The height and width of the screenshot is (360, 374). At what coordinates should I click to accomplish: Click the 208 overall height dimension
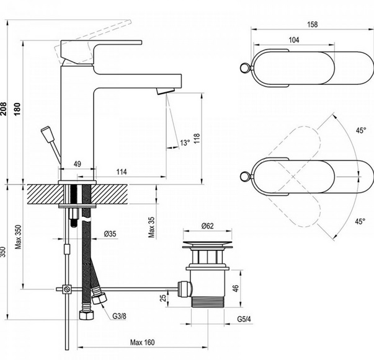click(x=4, y=109)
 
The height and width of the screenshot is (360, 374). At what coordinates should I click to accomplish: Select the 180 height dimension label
click(x=17, y=109)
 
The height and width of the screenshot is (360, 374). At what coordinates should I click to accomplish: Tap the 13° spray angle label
click(x=185, y=143)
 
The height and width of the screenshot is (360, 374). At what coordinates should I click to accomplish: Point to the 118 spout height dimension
click(x=197, y=138)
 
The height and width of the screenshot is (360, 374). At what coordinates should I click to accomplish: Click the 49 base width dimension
click(x=78, y=164)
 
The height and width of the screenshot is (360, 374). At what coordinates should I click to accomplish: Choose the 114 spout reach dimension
click(x=122, y=172)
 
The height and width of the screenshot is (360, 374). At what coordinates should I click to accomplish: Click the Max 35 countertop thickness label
click(x=151, y=227)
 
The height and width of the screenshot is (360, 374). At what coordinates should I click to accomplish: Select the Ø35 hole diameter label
click(x=110, y=234)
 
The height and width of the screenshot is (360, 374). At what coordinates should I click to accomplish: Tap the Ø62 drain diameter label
click(x=208, y=226)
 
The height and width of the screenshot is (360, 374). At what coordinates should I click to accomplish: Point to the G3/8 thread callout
click(x=119, y=316)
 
